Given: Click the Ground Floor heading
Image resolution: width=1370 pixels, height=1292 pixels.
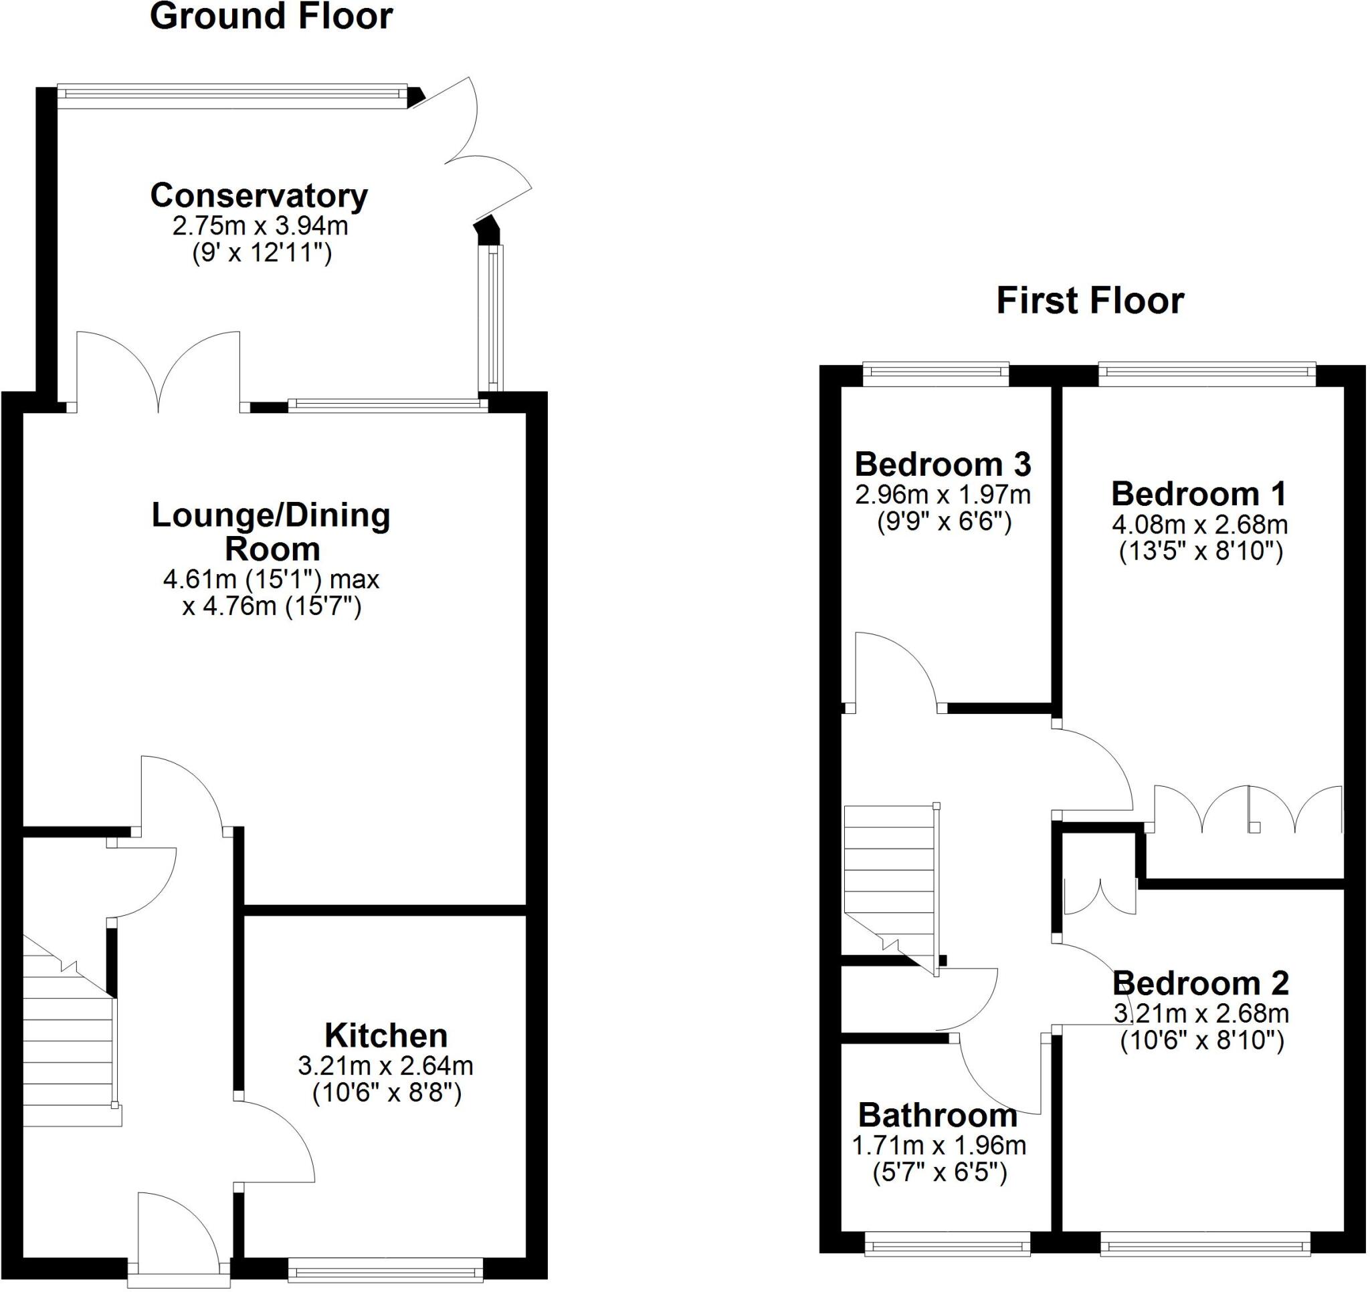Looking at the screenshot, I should (271, 17).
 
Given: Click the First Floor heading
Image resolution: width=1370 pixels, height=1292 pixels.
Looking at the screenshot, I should (1090, 301).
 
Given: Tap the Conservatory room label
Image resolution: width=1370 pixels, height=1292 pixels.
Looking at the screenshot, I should (259, 197).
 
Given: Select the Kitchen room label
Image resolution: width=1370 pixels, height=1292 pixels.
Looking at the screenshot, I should (386, 1036).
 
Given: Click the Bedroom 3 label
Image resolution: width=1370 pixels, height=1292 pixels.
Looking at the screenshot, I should (943, 465).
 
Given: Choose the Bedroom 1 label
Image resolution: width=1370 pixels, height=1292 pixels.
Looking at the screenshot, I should (1199, 495).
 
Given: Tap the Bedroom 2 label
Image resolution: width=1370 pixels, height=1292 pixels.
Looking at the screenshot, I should (1201, 983).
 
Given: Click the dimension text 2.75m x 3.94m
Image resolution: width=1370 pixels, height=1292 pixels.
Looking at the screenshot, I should (260, 226).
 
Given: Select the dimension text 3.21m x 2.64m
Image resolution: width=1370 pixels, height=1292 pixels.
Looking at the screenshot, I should (385, 1066).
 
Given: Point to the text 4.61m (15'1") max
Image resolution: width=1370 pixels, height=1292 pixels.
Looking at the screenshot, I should (271, 579).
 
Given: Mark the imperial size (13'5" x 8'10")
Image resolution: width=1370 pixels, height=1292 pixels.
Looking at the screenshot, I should (1201, 551).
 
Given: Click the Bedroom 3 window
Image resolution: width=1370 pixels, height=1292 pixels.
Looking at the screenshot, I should (935, 372).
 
